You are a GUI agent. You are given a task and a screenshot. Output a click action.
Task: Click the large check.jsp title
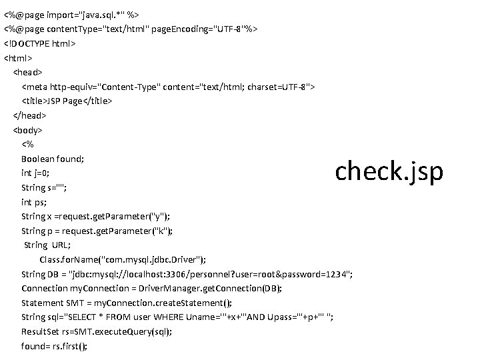pyautogui.click(x=389, y=171)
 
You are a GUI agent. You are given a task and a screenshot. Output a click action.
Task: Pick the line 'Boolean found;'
pyautogui.click(x=52, y=159)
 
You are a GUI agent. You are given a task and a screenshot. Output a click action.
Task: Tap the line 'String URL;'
pyautogui.click(x=47, y=245)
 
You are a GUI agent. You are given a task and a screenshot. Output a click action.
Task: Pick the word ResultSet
pyautogui.click(x=39, y=332)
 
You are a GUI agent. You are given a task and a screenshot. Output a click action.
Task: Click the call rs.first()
pyautogui.click(x=69, y=346)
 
